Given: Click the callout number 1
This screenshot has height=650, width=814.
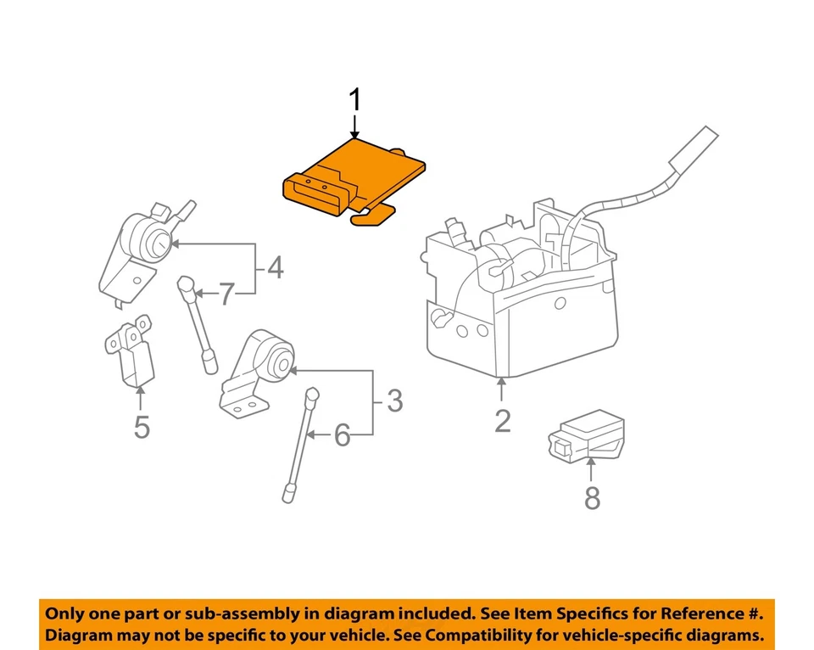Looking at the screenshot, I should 355,101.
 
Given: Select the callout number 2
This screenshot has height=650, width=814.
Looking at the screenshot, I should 503,420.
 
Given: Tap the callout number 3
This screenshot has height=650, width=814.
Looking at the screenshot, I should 394,401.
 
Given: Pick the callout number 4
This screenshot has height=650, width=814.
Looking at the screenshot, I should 275,269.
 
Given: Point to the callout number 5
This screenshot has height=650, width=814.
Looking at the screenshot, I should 142,427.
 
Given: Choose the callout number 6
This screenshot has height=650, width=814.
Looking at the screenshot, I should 342,436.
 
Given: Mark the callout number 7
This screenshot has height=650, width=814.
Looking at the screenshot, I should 226,294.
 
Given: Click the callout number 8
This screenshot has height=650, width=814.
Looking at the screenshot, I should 592,497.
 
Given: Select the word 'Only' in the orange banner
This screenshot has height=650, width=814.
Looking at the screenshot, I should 66,613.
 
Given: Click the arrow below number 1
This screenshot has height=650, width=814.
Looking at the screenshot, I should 355,128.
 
